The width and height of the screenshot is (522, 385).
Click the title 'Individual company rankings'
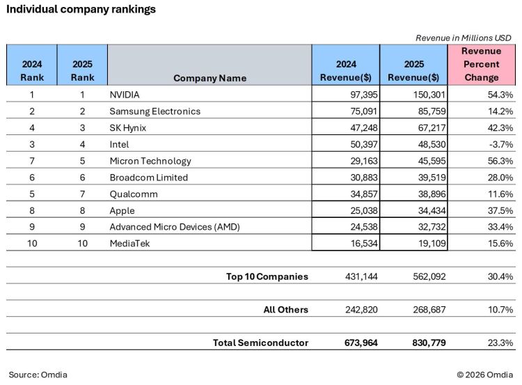pos(81,10)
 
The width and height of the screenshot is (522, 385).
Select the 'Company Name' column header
pos(209,78)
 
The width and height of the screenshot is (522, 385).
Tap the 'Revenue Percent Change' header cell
pos(481,64)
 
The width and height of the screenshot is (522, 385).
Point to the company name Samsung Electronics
pos(155,111)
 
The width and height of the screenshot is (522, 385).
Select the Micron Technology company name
pos(150,161)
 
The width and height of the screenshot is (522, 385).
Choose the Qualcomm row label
pos(134,194)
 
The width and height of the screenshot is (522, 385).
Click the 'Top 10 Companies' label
pos(267,276)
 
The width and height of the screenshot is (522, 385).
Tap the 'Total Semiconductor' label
pos(260,343)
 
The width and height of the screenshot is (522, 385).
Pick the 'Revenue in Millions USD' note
pos(463,37)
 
